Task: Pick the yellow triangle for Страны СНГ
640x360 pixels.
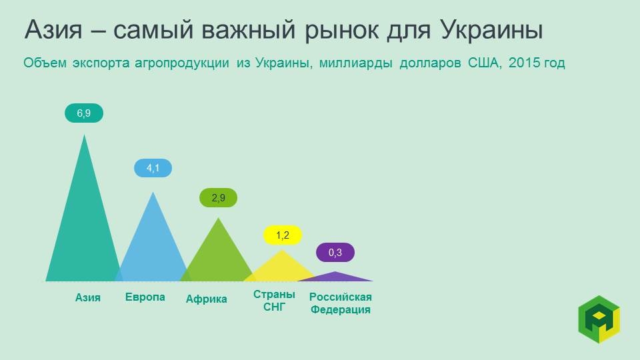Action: [281, 268]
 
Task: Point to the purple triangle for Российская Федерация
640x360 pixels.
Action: [335, 277]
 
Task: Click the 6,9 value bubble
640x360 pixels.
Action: [84, 113]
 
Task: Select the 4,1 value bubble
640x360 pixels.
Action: [153, 168]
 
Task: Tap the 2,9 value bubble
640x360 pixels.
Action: [218, 198]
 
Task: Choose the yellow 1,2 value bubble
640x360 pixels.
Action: [282, 235]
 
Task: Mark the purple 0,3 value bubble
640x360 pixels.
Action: [335, 253]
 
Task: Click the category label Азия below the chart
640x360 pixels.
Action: [88, 297]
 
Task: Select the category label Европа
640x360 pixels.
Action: [145, 297]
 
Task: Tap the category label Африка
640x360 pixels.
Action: [206, 299]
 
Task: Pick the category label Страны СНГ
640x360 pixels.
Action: [274, 301]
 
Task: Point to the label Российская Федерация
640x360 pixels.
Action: [340, 303]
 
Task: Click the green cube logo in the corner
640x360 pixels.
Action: [599, 319]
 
